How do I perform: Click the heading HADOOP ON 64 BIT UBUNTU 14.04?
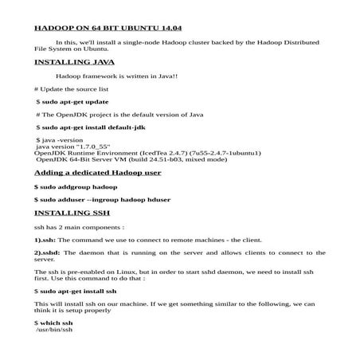coord(108,27)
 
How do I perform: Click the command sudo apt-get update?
coord(72,102)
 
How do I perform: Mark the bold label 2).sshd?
coord(47,252)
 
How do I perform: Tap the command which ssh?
coord(53,322)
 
